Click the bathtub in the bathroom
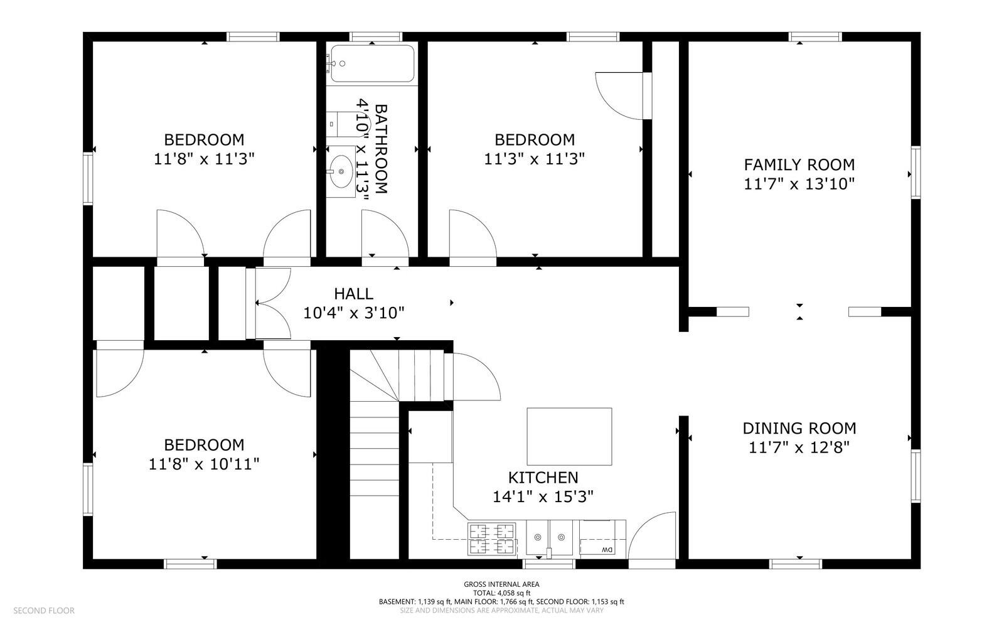pos(372,63)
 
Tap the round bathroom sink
pos(341,171)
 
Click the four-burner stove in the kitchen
pos(492,539)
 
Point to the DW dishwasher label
pos(607,549)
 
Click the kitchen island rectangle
pos(569,437)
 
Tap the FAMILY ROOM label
pos(799,165)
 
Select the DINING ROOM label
pos(799,429)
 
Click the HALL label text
pos(354,294)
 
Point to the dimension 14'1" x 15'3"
pos(543,496)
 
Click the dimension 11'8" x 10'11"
pos(204,464)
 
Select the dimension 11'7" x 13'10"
pos(799,184)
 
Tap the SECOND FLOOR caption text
pos(44,611)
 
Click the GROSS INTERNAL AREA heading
pos(501,584)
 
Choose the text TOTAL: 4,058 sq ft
pos(501,593)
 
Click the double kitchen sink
pos(550,537)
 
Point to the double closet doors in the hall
pos(269,303)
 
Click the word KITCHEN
pos(543,478)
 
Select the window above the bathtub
pos(376,37)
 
